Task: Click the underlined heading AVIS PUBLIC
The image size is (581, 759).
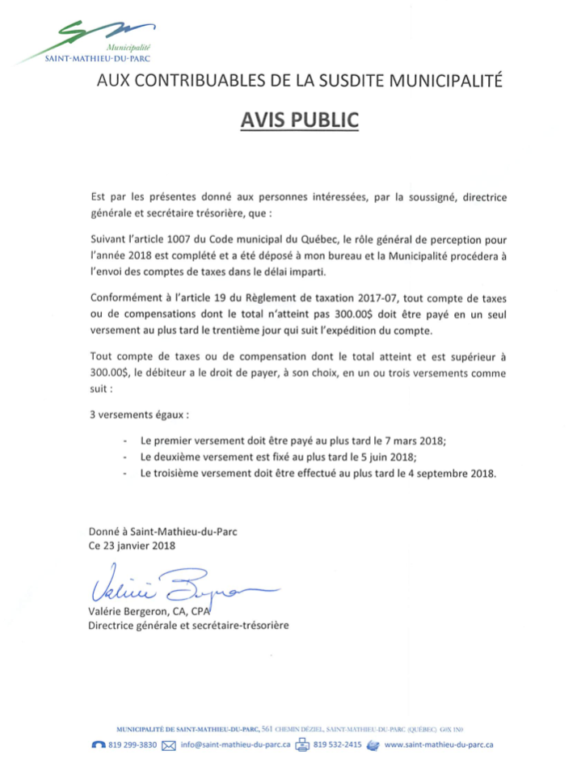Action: [x=299, y=120]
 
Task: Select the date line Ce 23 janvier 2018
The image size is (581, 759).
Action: [x=132, y=546]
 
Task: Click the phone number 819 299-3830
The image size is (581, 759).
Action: [x=133, y=744]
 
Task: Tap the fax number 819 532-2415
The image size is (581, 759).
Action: [x=337, y=744]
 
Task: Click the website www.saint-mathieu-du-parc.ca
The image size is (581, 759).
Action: [x=440, y=744]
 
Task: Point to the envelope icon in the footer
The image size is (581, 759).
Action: [x=169, y=744]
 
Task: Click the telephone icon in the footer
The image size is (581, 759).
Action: [x=99, y=744]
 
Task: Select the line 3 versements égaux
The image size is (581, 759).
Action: [x=138, y=415]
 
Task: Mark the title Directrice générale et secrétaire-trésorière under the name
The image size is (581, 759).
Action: [x=188, y=625]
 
